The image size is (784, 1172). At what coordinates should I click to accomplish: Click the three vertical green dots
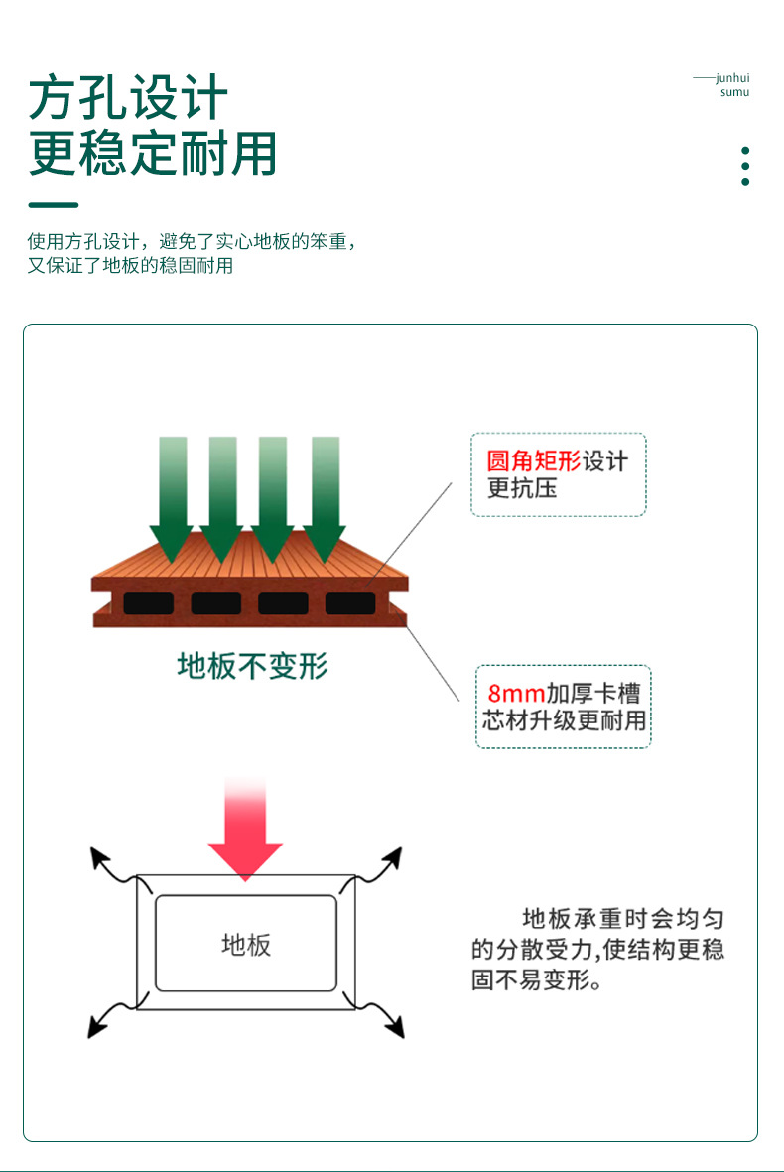[745, 166]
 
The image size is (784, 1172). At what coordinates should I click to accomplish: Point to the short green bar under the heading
[54, 205]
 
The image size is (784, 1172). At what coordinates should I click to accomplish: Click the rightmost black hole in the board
[350, 602]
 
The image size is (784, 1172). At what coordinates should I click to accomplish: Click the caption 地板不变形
[252, 666]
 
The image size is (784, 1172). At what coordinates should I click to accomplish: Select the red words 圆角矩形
[534, 461]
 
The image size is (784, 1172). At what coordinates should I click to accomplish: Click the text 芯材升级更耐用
[564, 720]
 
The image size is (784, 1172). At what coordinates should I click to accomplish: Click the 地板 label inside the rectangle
[245, 944]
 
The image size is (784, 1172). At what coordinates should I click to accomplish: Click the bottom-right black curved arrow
[386, 1019]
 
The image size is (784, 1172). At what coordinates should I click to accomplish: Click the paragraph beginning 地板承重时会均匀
[597, 949]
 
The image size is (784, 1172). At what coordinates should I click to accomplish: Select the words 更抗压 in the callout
[522, 488]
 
